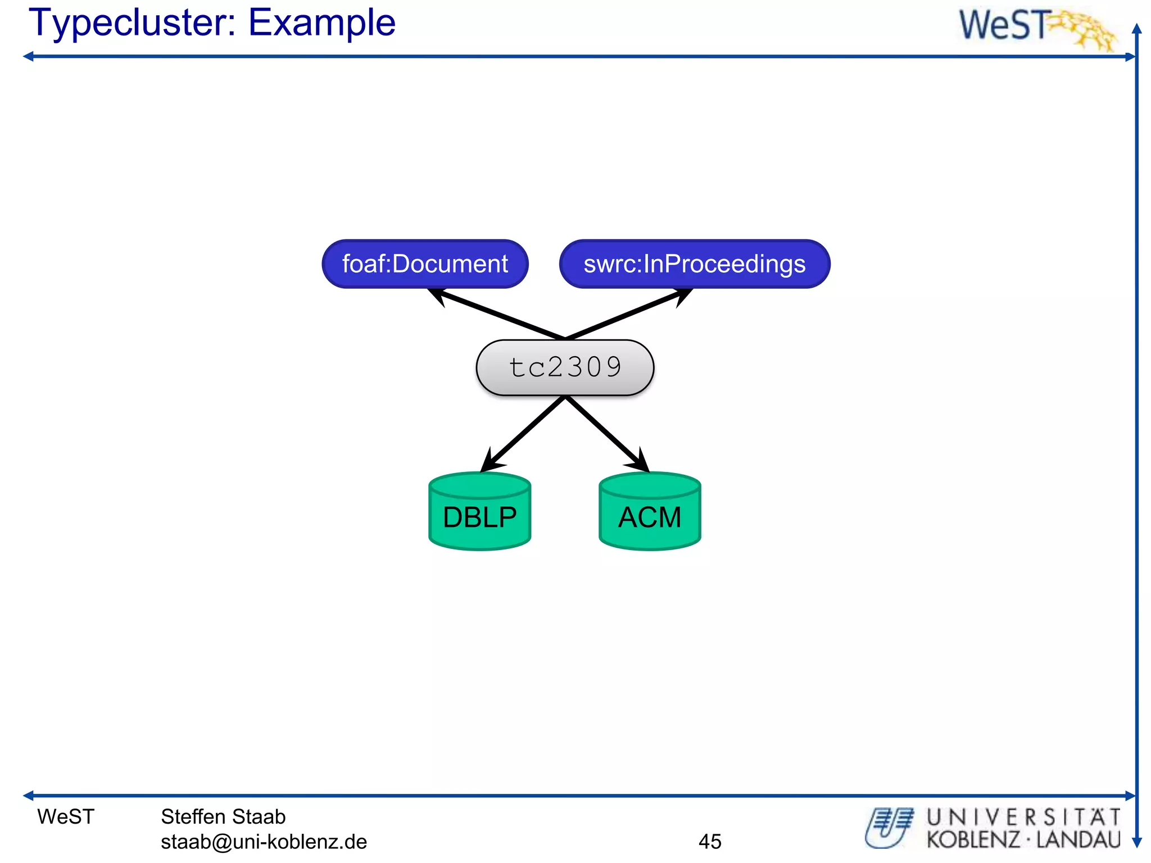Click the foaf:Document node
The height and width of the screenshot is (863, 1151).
pos(425,264)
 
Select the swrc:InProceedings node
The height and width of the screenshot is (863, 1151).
pos(695,264)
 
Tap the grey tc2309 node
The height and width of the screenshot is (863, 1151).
pos(565,367)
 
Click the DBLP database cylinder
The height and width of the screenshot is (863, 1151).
pos(479,516)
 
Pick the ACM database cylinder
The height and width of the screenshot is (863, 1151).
pos(650,516)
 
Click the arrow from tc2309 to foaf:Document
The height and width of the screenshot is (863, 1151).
pos(497,314)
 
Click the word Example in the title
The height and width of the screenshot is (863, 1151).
pos(321,24)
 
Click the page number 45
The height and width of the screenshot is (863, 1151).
pos(710,841)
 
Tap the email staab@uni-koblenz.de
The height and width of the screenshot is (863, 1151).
pos(264,841)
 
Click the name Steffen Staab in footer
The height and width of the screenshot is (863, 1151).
pos(223,816)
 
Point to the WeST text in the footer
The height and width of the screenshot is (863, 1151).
pos(66,816)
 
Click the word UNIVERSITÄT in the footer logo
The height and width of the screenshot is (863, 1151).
pos(1023,817)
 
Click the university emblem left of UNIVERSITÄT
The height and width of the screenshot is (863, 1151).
pos(889,827)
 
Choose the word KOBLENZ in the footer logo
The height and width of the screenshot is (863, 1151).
pos(973,840)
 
